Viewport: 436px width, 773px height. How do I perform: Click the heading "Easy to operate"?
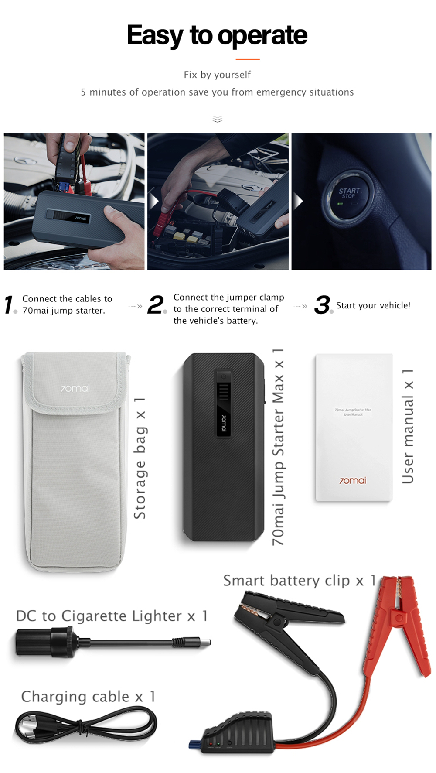point(217,35)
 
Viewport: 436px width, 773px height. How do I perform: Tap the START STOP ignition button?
point(348,194)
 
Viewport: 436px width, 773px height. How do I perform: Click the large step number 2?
point(156,304)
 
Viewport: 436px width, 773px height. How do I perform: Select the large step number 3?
point(322,304)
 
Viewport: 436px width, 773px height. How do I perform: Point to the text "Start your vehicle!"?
point(373,305)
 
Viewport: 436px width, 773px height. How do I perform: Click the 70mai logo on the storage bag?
point(75,388)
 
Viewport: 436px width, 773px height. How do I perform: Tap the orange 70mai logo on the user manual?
point(353,481)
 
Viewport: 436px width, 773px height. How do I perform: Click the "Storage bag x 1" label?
point(140,458)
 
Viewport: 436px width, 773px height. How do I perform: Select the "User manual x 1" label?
point(408,427)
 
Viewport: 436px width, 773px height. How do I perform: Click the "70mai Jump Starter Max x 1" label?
point(278,447)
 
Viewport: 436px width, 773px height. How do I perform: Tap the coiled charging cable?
point(85,726)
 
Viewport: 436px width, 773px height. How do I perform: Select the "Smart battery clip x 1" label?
point(300,581)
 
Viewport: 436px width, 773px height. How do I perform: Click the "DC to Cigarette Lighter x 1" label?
point(112,616)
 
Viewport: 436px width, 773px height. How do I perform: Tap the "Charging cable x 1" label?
point(88,697)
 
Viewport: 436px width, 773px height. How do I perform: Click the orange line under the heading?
point(248,59)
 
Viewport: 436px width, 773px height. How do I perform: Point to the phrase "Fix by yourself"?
point(217,75)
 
